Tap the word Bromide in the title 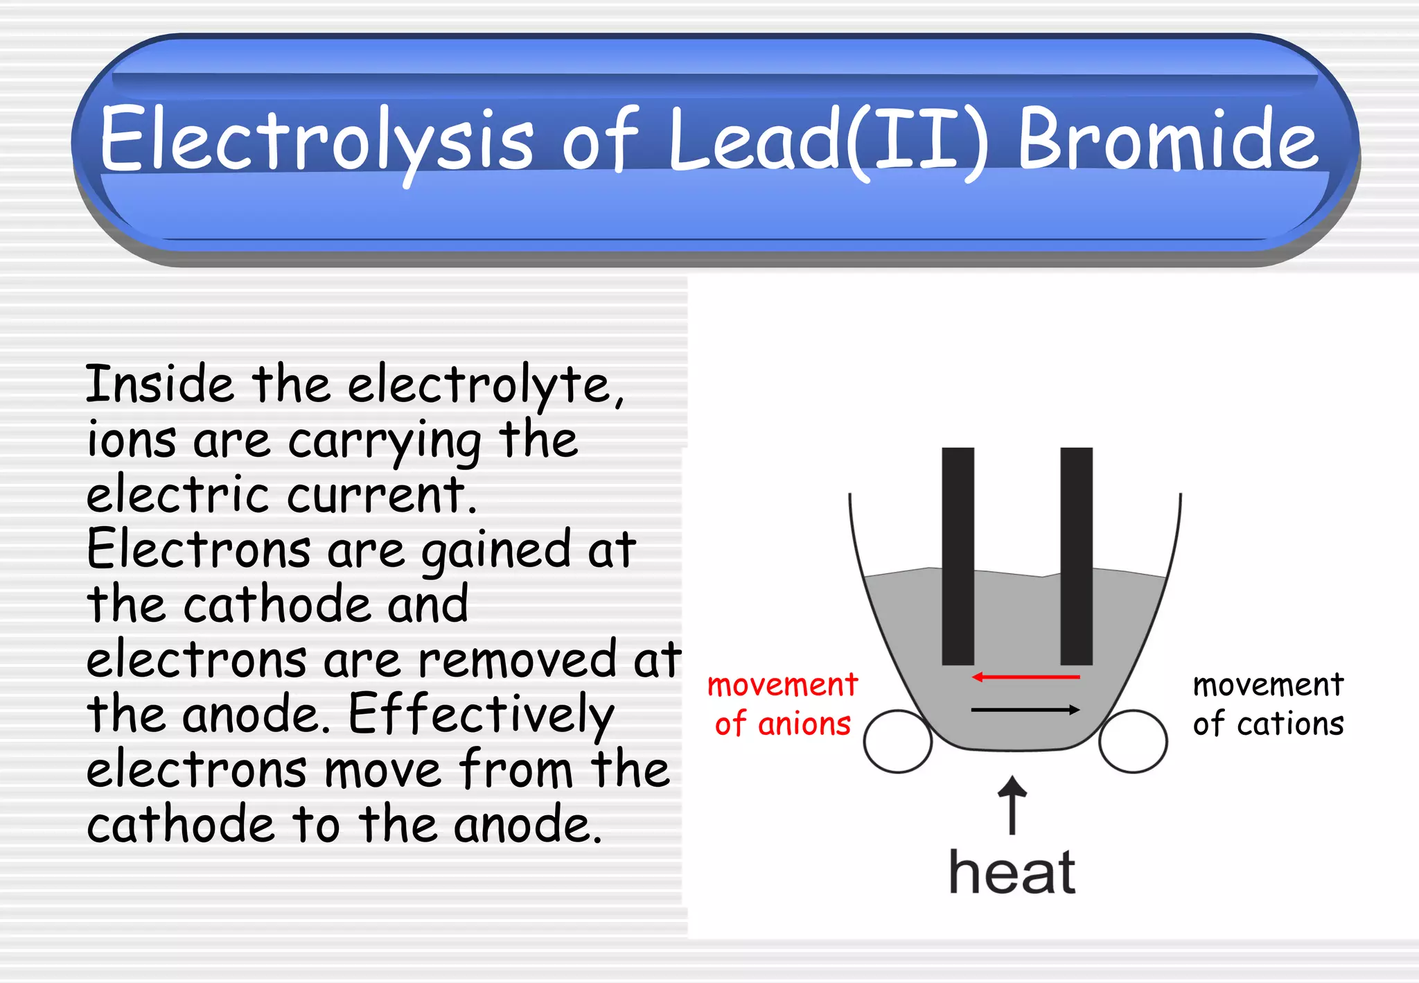tap(1167, 139)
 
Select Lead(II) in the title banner tap(828, 139)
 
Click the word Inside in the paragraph tap(159, 385)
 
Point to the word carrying tap(385, 442)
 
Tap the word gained tap(496, 550)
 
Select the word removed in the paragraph tap(517, 659)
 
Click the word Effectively tap(481, 715)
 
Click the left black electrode tap(958, 555)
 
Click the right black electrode tap(1076, 555)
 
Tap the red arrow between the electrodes tap(1025, 677)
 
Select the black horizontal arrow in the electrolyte tap(1025, 709)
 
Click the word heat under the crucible tap(1012, 872)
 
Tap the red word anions tap(804, 724)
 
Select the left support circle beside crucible tap(898, 741)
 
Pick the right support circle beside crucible tap(1133, 741)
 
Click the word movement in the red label tap(782, 685)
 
